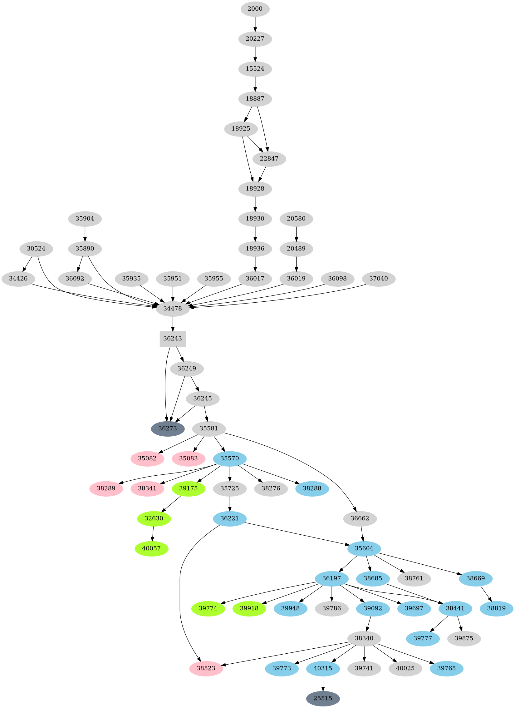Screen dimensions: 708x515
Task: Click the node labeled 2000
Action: [255, 9]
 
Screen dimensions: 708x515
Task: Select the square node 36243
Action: [173, 339]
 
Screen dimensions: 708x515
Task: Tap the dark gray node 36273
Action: [168, 428]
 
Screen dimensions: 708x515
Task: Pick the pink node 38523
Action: [206, 668]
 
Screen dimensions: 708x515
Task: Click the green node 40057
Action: [151, 548]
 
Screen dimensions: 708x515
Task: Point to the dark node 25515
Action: [323, 698]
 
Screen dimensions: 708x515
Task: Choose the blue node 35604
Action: [364, 548]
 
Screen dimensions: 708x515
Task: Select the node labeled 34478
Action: [173, 309]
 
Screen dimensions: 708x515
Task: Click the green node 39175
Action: [189, 488]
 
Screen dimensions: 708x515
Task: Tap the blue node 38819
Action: [496, 608]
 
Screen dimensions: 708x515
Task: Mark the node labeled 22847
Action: [269, 159]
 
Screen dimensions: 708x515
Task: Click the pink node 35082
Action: [147, 458]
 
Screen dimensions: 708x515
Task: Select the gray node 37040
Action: [379, 279]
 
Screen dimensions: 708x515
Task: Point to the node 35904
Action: [85, 219]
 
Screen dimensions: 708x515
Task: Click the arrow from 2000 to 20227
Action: [255, 24]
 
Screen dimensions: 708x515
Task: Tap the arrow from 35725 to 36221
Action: [230, 503]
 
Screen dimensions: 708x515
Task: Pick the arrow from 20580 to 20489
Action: [297, 234]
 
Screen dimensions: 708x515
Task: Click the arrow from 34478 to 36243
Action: [173, 324]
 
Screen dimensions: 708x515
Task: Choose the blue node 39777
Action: [423, 638]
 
